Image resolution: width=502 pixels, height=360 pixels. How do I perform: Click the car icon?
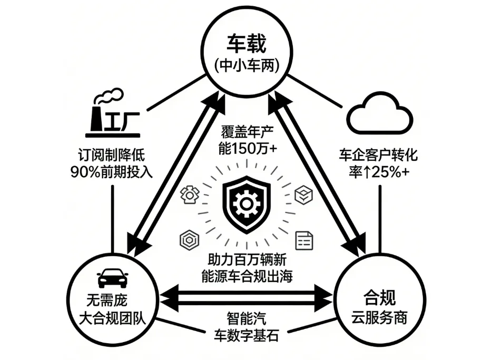pos(113,278)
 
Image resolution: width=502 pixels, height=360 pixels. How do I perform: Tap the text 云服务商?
pos(380,319)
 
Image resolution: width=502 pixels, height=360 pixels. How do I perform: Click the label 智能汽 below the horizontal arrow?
pos(247,318)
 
